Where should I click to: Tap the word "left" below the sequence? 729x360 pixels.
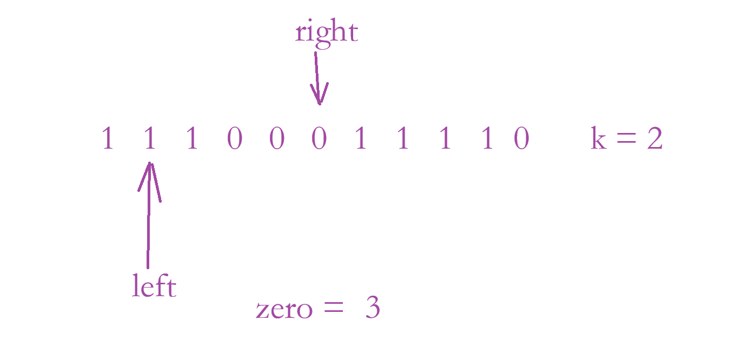154,286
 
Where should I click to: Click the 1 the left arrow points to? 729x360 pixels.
150,139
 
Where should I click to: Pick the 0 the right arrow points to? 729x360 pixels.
319,139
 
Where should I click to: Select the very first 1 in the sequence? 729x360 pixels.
108,139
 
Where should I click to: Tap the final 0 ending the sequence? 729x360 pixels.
521,139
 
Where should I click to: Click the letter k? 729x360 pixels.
598,139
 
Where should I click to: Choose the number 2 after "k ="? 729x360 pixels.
654,139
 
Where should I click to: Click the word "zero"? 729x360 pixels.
284,310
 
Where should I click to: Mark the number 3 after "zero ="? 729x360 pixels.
373,309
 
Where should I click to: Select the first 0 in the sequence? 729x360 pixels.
235,139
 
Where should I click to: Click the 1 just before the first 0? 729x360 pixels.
192,139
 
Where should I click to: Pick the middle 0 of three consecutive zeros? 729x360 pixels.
277,139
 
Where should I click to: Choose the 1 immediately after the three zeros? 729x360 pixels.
361,139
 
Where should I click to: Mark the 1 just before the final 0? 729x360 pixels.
487,139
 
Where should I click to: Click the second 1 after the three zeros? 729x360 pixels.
403,139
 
